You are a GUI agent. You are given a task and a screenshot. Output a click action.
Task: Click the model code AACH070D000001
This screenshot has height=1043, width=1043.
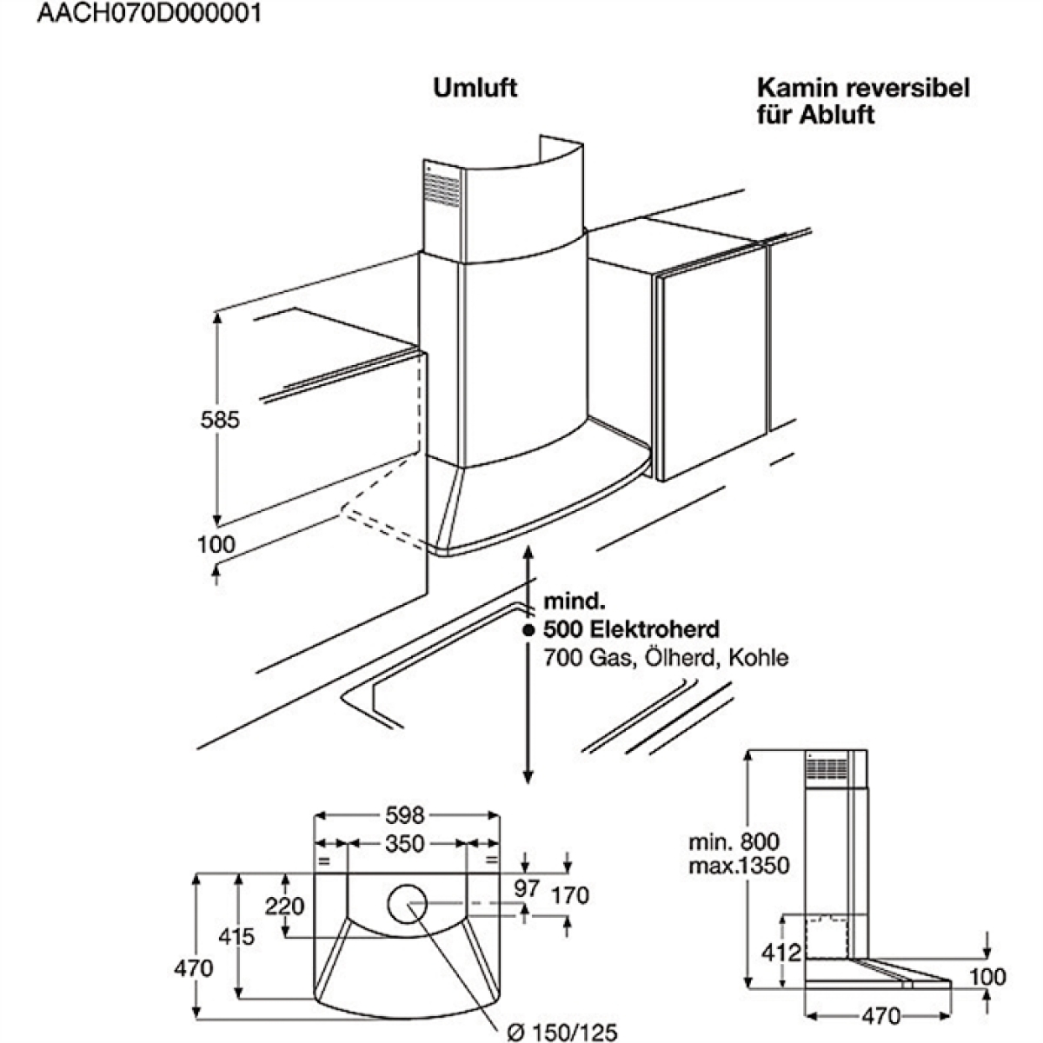pyautogui.click(x=149, y=13)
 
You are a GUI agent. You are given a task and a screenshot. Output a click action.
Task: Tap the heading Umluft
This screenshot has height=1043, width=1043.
pyautogui.click(x=475, y=87)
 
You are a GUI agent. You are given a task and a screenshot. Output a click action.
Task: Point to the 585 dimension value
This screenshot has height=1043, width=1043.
pyautogui.click(x=220, y=420)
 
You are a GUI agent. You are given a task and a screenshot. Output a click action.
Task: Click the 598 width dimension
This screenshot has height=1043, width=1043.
pyautogui.click(x=405, y=814)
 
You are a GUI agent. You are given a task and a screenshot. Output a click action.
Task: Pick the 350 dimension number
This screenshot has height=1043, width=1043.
pyautogui.click(x=405, y=843)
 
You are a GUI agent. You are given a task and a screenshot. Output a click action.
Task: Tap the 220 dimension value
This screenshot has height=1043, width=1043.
pyautogui.click(x=285, y=906)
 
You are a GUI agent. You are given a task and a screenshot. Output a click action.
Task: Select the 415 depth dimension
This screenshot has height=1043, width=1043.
pyautogui.click(x=236, y=936)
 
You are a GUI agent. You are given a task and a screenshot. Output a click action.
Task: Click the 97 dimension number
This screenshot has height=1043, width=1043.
pyautogui.click(x=527, y=888)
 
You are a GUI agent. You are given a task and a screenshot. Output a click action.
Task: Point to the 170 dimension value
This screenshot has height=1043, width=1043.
pyautogui.click(x=570, y=895)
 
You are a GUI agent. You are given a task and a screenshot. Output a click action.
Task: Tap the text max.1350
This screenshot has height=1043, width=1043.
pyautogui.click(x=739, y=866)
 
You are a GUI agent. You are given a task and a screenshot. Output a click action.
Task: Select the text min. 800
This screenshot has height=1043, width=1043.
pyautogui.click(x=734, y=841)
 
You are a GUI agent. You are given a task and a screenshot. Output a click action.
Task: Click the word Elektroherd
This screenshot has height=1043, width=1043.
pyautogui.click(x=654, y=629)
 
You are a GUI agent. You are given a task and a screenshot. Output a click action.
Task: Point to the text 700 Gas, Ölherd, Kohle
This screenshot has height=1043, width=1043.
pyautogui.click(x=666, y=658)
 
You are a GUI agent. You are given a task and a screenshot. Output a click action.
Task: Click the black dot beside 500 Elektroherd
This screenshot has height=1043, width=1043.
pyautogui.click(x=529, y=630)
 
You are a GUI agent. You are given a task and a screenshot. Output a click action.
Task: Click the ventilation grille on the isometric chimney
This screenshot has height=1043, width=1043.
pyautogui.click(x=442, y=189)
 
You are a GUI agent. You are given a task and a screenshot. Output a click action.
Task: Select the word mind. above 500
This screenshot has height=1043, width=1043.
pyautogui.click(x=575, y=601)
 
